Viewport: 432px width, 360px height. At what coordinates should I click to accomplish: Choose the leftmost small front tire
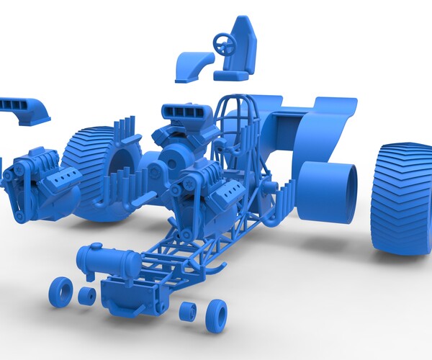tap(61, 292)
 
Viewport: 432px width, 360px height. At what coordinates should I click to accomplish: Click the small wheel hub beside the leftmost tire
tap(87, 296)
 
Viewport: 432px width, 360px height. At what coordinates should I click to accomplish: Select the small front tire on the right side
tap(215, 316)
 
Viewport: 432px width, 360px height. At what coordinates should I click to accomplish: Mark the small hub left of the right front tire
tap(188, 312)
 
